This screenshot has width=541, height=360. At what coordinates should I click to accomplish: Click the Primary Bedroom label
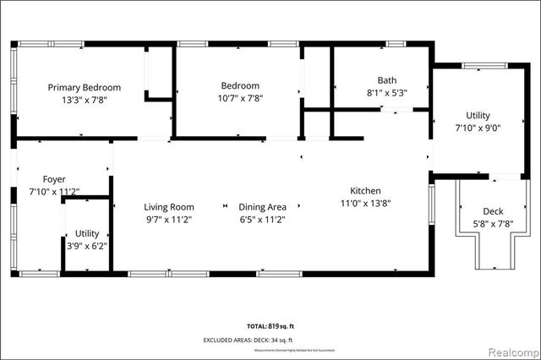pos(84,87)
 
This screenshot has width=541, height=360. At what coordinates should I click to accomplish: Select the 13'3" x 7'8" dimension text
pos(84,100)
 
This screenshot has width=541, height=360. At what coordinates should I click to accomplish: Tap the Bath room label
pos(387,80)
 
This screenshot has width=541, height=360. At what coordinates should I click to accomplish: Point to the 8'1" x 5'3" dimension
pos(387,93)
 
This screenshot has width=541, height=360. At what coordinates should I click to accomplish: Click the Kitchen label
pos(366,190)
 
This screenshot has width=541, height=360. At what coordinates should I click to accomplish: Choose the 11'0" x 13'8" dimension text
pos(366,203)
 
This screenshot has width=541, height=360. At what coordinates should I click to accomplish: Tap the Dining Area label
pos(263,207)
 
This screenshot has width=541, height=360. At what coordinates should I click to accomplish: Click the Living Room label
pos(169,207)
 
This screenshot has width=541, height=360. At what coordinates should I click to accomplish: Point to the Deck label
pos(493,211)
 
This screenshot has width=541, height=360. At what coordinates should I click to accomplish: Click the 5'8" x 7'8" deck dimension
pos(493,224)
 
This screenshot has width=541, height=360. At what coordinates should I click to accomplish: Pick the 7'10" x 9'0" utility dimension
pos(478,128)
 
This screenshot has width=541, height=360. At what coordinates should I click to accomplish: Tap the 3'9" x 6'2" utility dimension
pos(87,246)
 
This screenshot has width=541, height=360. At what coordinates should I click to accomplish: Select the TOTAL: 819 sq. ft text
pos(270,325)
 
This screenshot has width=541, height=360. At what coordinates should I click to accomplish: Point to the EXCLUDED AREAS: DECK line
pos(270,340)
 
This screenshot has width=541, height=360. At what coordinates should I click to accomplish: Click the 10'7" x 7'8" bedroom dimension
pos(240,99)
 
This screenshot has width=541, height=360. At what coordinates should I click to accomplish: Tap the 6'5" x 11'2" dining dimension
pos(263,220)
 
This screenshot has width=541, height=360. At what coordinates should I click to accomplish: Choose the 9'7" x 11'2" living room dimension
pos(169,220)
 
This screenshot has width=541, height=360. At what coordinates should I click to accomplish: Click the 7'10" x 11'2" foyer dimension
pos(54,192)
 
